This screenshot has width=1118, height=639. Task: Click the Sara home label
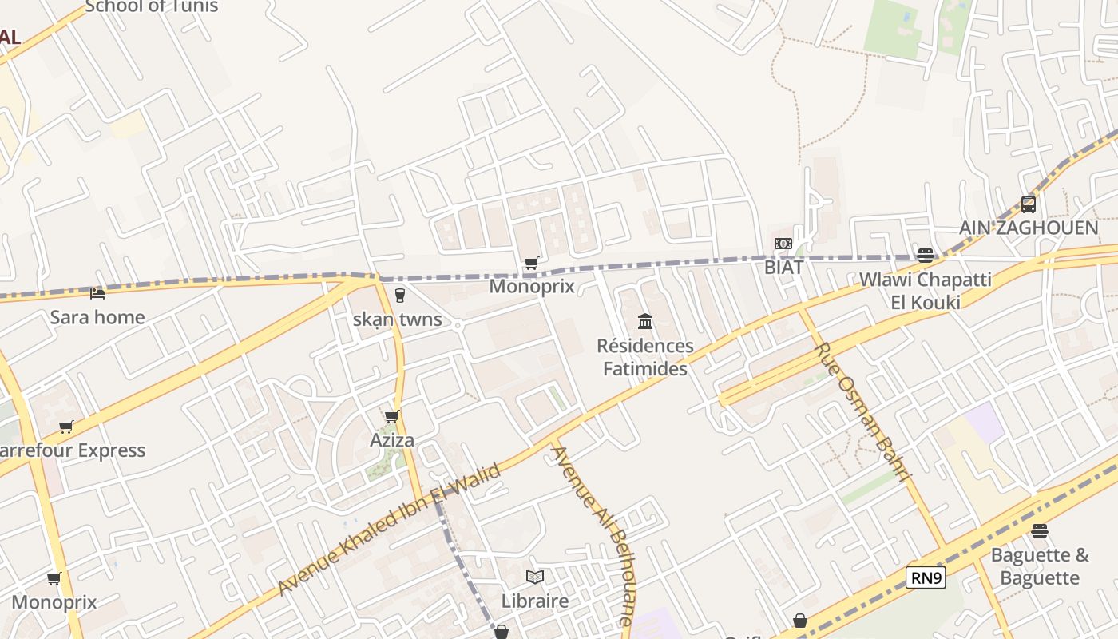[x=97, y=317]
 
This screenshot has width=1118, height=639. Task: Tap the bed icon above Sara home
[x=97, y=294]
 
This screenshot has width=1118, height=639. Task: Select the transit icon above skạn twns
[x=400, y=296]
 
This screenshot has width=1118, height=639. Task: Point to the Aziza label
[x=392, y=440]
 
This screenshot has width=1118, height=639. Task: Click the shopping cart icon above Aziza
[x=392, y=416]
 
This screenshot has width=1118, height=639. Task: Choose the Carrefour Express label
[x=72, y=450]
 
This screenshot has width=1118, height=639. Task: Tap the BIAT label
[x=783, y=268]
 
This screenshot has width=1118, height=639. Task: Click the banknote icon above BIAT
[x=783, y=244]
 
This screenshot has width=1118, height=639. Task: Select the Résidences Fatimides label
[x=645, y=357]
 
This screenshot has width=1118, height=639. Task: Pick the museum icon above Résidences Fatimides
[x=645, y=322]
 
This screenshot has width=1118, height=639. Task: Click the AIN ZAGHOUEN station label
[x=1029, y=228]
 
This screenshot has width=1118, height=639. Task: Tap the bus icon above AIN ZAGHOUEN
[x=1029, y=204]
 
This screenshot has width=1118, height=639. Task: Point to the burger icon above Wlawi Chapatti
[x=926, y=256]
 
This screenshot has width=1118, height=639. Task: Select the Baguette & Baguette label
[x=1040, y=566]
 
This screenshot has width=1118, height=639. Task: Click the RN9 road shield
[x=926, y=577]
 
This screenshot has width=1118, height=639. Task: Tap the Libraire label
[x=535, y=601]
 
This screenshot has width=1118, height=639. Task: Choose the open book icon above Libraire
[x=535, y=577]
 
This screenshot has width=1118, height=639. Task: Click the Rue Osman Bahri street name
[x=862, y=412]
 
